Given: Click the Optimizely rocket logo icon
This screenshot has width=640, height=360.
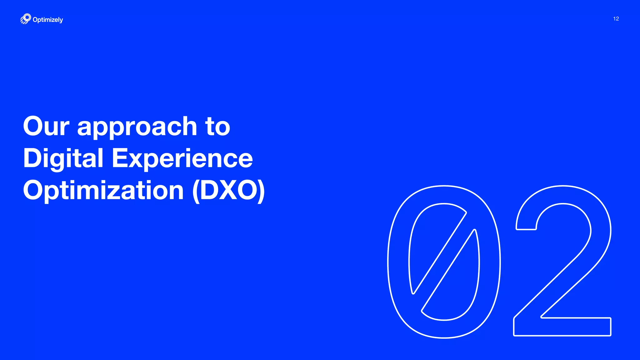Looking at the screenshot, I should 26,19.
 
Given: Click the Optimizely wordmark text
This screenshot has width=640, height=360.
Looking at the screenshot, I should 48,20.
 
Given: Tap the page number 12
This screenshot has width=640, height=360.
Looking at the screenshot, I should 616,19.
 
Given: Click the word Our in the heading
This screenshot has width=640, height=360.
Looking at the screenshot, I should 46,126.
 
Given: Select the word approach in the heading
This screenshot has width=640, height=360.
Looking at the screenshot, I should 137,127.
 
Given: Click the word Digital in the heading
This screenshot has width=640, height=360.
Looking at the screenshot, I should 63,159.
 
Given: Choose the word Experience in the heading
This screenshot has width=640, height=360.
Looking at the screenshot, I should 182,159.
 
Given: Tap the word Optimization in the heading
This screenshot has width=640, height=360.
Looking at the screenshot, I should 103,191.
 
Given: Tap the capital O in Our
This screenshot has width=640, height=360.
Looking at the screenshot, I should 35,126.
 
